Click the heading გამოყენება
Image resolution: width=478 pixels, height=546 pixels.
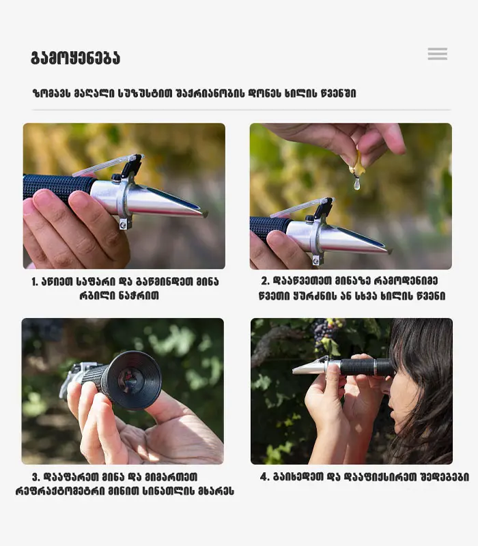coord(76,58)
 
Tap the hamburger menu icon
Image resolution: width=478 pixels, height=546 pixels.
coord(438,54)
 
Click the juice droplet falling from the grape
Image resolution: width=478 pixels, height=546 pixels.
coord(356,183)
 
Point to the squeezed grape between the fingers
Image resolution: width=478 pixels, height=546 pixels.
coord(357,165)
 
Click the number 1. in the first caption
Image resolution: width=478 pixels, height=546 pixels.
coord(35,282)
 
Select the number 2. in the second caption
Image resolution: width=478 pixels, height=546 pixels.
coord(266,281)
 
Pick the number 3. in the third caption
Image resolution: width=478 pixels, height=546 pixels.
coord(36,476)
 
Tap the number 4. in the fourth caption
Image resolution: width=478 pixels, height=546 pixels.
coord(265,476)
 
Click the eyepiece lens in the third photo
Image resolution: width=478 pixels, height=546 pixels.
coord(130,380)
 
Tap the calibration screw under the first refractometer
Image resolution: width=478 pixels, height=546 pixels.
coord(123,224)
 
